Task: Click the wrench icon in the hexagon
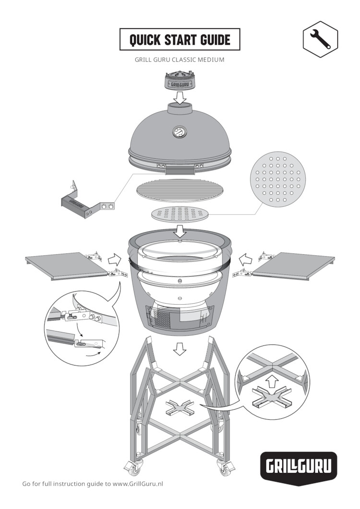tap(320, 39)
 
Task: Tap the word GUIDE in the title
tap(215, 40)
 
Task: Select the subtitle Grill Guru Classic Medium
tap(180, 60)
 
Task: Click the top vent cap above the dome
tap(180, 80)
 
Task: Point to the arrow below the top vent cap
tap(180, 97)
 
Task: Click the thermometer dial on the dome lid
tap(178, 132)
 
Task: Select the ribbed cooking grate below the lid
tap(180, 190)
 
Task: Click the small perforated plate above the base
tap(180, 214)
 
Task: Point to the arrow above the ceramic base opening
tap(180, 231)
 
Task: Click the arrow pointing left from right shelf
tap(246, 260)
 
